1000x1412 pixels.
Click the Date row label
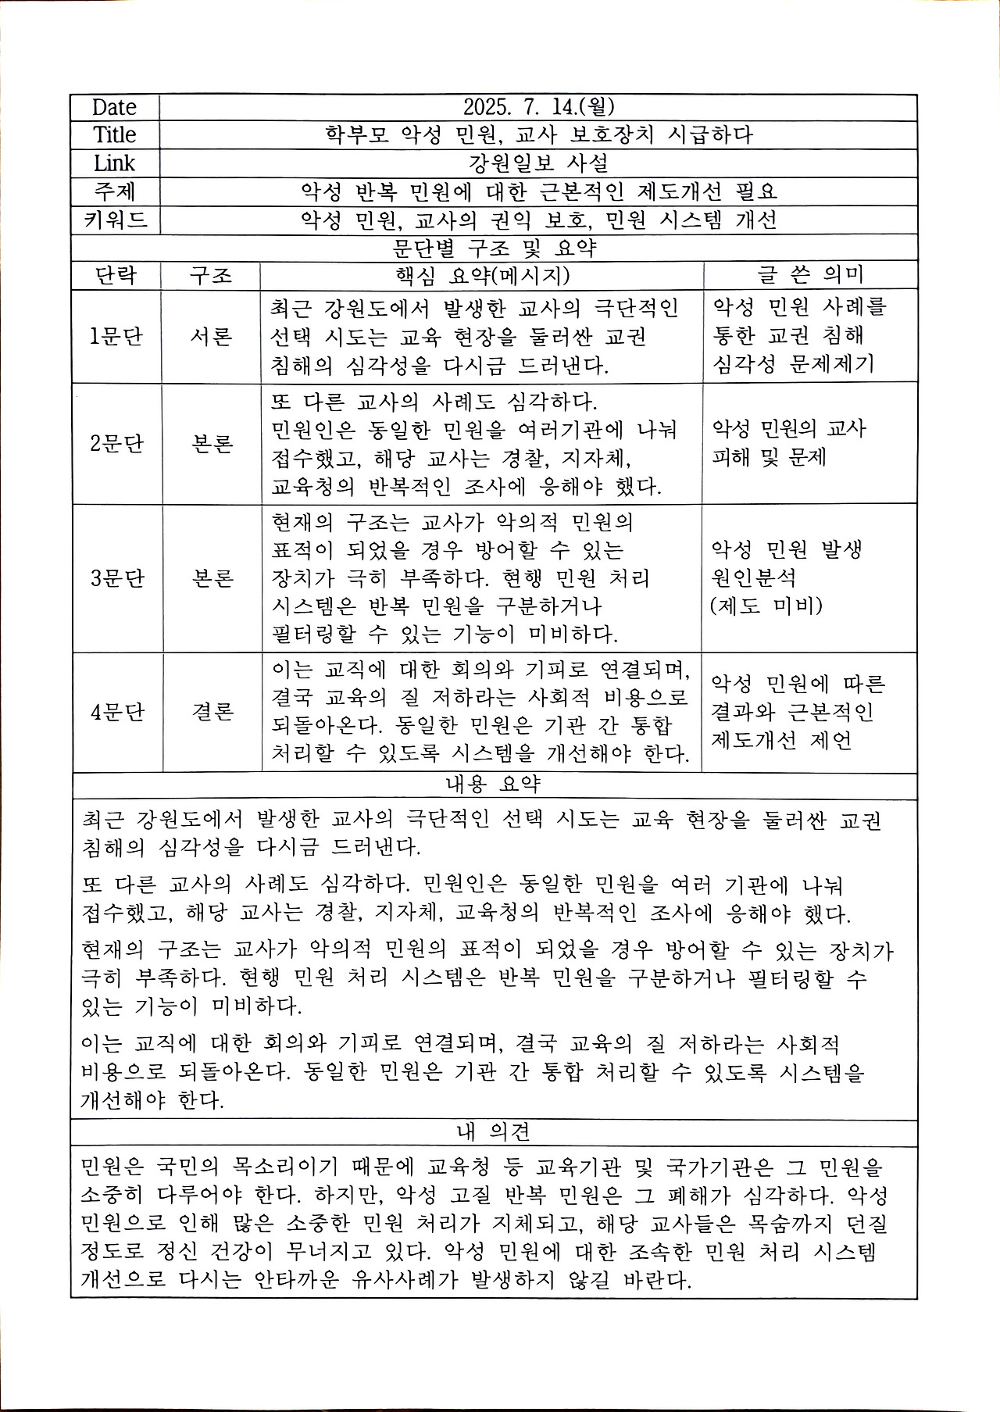[114, 107]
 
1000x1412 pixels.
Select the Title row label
[115, 135]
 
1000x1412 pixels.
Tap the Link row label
[114, 163]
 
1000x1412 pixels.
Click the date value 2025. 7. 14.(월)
[537, 107]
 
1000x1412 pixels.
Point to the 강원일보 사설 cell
[537, 163]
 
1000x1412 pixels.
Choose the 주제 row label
[114, 191]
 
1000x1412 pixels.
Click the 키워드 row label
[115, 220]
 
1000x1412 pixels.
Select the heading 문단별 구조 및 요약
[494, 248]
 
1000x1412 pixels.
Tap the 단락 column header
[116, 275]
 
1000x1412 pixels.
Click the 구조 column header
[211, 275]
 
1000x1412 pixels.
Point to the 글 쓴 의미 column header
[810, 275]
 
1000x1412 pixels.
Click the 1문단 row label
[116, 336]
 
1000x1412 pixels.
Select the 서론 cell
[211, 336]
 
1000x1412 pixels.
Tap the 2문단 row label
[116, 443]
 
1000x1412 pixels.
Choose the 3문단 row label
[116, 578]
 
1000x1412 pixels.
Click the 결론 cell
[212, 713]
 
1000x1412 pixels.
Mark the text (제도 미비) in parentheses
[766, 606]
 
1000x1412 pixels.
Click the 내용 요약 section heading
[494, 784]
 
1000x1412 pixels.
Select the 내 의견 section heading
[494, 1131]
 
